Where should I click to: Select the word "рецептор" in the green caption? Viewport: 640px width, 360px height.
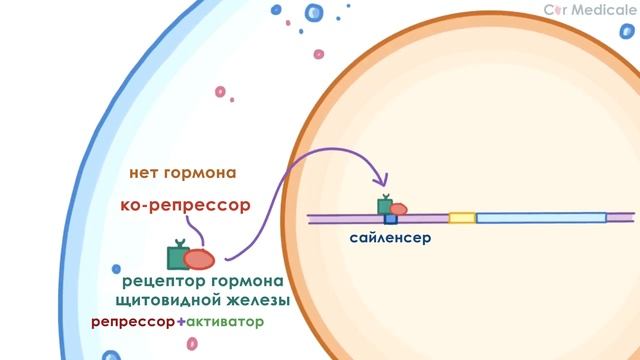[x=161, y=280]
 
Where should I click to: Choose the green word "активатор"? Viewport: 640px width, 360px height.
[x=225, y=323]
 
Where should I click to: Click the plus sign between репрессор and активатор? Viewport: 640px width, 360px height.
[x=180, y=323]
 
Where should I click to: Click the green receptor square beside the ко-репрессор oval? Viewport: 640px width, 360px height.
[x=178, y=257]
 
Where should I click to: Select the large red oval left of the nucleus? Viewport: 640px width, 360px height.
[x=199, y=258]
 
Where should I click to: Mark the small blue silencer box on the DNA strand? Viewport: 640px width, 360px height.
[x=391, y=217]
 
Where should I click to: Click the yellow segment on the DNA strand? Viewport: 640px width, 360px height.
[x=462, y=217]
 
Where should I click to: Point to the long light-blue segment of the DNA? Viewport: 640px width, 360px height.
[x=540, y=217]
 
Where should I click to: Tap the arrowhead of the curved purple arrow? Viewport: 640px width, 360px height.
[x=383, y=183]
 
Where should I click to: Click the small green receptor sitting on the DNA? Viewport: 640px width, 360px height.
[x=384, y=205]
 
